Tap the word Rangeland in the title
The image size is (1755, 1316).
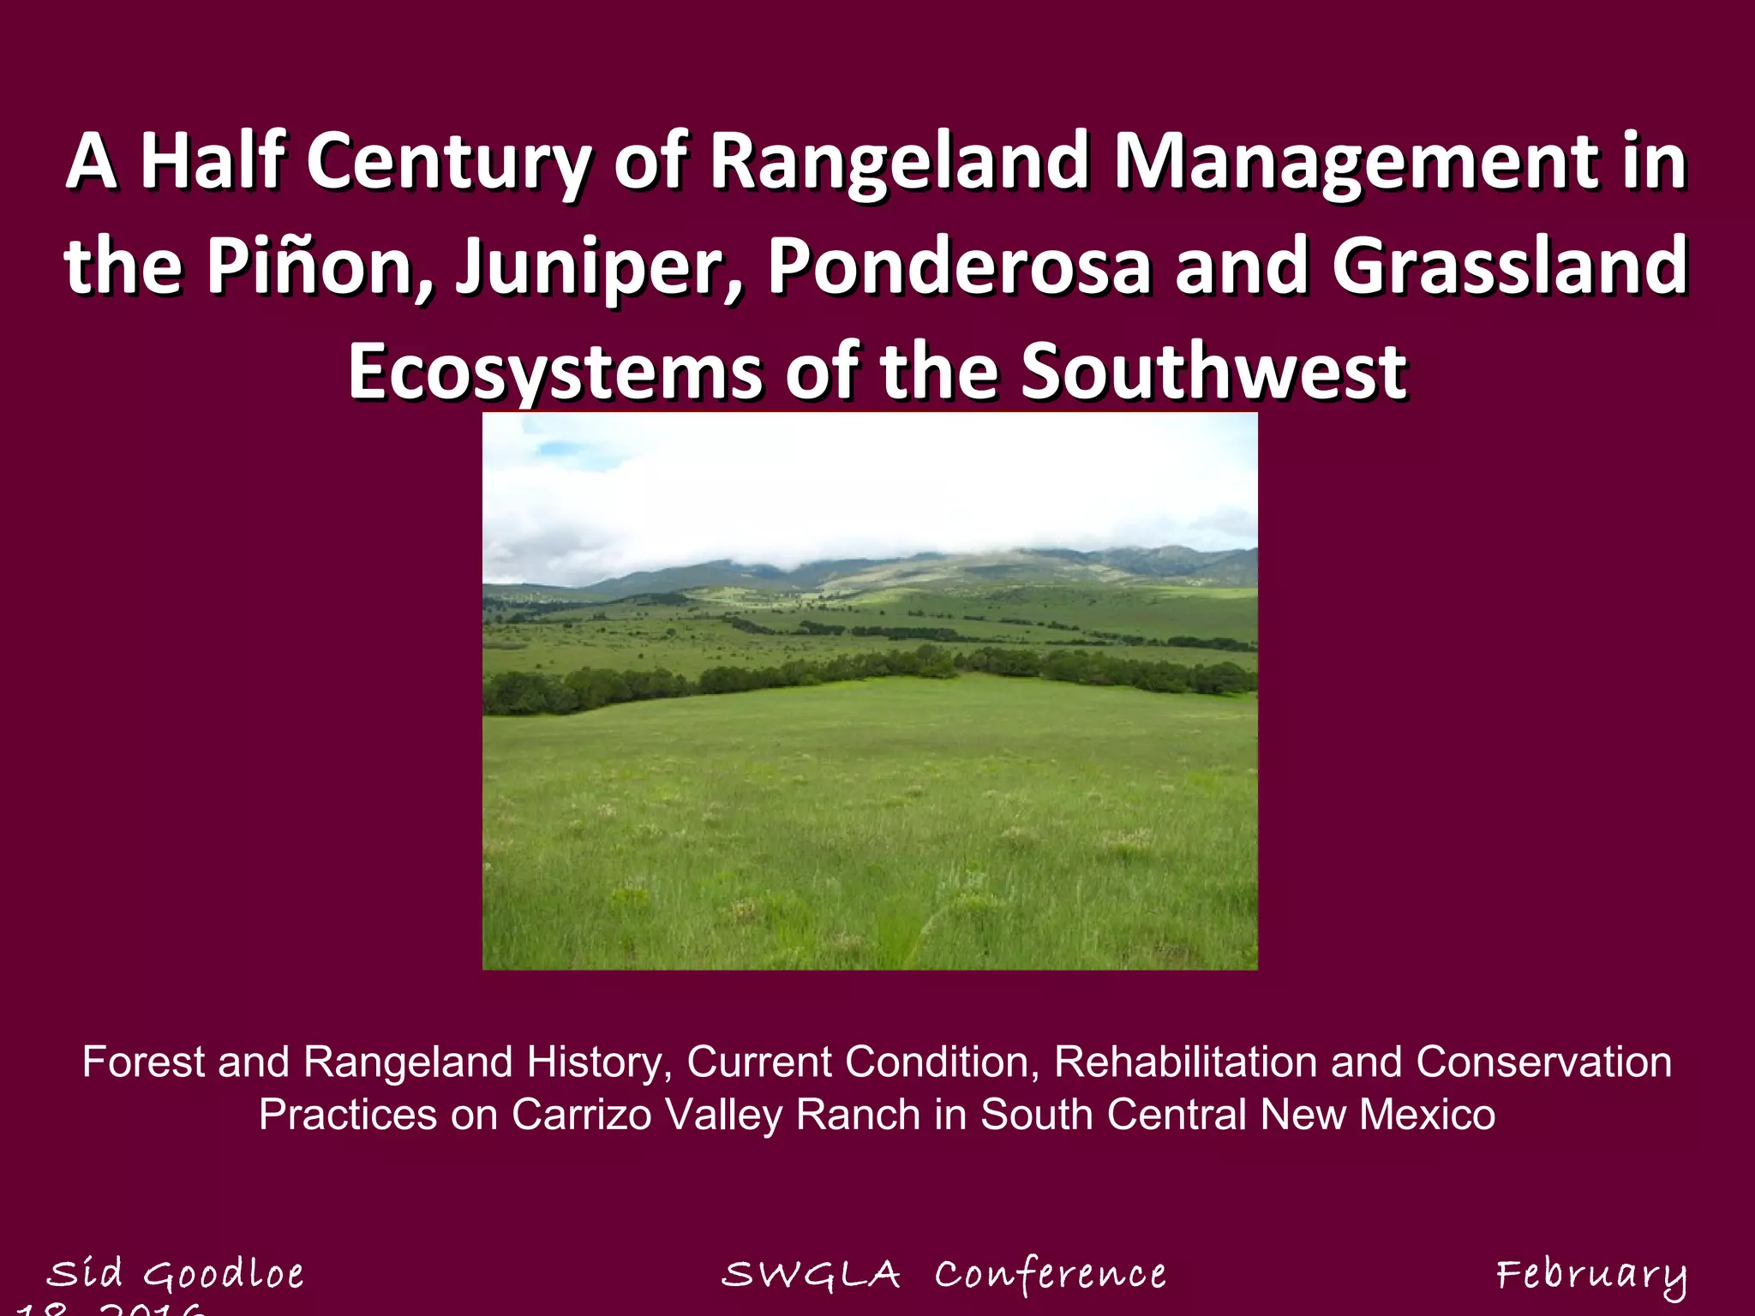[x=900, y=163]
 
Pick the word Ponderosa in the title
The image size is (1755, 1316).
[x=960, y=266]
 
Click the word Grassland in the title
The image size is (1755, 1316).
[x=1509, y=266]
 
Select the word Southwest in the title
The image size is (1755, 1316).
[x=1213, y=372]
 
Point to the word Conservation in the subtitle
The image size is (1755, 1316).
[x=1543, y=1062]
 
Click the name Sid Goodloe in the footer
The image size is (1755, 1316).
[x=175, y=1274]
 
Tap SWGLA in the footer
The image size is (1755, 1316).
[x=811, y=1275]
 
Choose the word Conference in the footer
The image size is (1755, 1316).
[x=1050, y=1275]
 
